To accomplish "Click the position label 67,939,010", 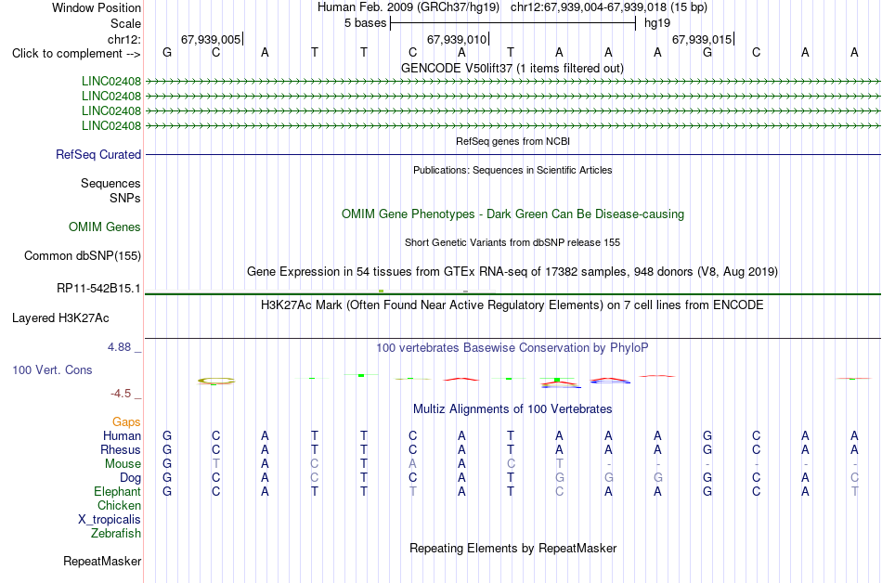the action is tap(457, 39).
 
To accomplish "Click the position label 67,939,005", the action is tap(211, 39).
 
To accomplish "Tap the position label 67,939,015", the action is tap(702, 39).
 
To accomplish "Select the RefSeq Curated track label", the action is tap(98, 155).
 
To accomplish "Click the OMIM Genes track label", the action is tap(105, 227).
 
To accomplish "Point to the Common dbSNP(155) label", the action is tap(83, 256).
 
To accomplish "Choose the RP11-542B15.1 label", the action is tap(99, 289).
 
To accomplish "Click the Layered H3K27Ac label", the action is tap(60, 318).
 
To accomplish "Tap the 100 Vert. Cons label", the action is tap(52, 369).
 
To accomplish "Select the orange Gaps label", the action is tap(126, 422).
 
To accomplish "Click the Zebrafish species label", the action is tap(116, 533).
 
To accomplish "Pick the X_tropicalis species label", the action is tap(110, 520).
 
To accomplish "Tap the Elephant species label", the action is tap(118, 492).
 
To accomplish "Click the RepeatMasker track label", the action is tap(102, 561).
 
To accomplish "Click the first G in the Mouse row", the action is tap(167, 464).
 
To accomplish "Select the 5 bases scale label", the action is tap(366, 23).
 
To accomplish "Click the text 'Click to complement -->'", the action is tap(76, 54).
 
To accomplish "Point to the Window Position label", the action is tap(97, 7).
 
